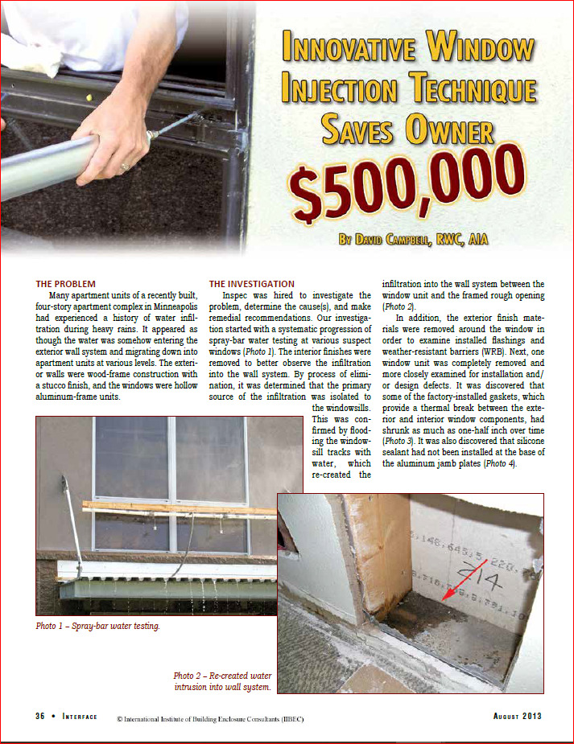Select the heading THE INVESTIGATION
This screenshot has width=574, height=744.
click(x=251, y=284)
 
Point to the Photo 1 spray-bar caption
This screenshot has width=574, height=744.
click(x=97, y=627)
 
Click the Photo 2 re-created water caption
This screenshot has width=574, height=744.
click(x=223, y=681)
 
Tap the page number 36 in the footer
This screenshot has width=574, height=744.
click(x=40, y=717)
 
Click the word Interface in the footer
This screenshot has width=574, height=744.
click(x=80, y=717)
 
